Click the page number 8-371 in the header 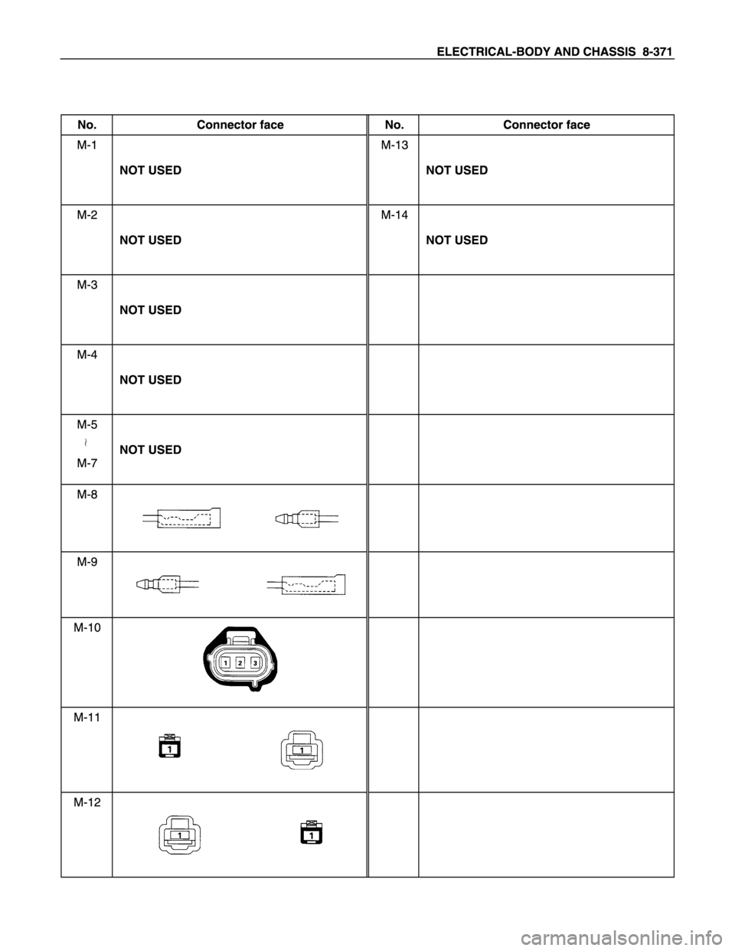coord(657,52)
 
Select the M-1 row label coord(87,145)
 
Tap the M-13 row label coord(394,145)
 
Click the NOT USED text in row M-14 coord(457,240)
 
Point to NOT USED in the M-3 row coord(151,310)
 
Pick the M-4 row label coord(87,355)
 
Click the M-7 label coord(87,463)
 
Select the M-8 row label coord(87,495)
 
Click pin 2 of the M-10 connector coord(240,663)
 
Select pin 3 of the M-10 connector coord(255,663)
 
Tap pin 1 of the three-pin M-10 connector coord(225,663)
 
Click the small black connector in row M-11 coord(170,745)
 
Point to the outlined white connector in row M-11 coord(302,750)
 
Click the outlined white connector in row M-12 coord(180,834)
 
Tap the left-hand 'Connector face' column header coord(240,125)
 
